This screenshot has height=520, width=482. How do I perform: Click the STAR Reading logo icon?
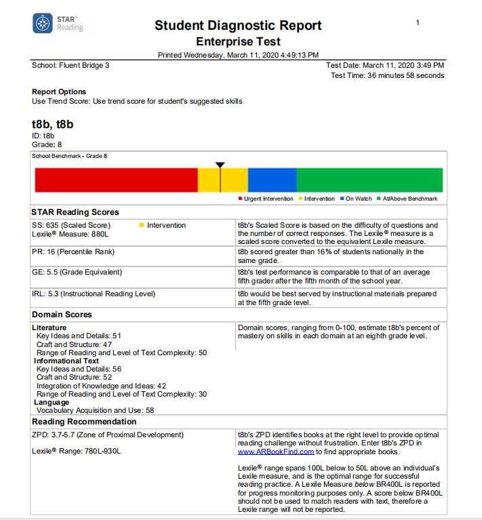click(43, 23)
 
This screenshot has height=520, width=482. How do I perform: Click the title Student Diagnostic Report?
click(238, 26)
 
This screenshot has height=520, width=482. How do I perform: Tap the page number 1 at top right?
click(418, 23)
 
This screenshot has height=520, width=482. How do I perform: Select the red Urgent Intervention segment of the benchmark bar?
click(116, 180)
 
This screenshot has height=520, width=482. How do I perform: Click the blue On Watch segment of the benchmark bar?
click(272, 180)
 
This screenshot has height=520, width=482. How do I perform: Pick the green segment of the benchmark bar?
click(369, 180)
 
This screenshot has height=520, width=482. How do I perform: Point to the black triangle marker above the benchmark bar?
click(220, 165)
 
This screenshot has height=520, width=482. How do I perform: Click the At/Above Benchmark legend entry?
click(409, 199)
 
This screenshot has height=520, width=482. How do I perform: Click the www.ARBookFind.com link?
click(276, 452)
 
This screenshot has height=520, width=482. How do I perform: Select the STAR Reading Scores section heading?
click(75, 212)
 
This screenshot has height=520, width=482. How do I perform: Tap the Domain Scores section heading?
click(62, 315)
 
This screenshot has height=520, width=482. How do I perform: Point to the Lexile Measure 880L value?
click(70, 235)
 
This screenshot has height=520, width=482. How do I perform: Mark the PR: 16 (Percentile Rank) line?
click(73, 252)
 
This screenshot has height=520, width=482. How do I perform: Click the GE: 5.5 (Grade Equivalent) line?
click(77, 273)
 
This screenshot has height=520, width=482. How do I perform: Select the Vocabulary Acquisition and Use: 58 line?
click(95, 410)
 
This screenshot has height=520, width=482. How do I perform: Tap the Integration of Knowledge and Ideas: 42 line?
click(101, 386)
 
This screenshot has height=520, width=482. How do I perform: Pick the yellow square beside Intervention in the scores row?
click(142, 225)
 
